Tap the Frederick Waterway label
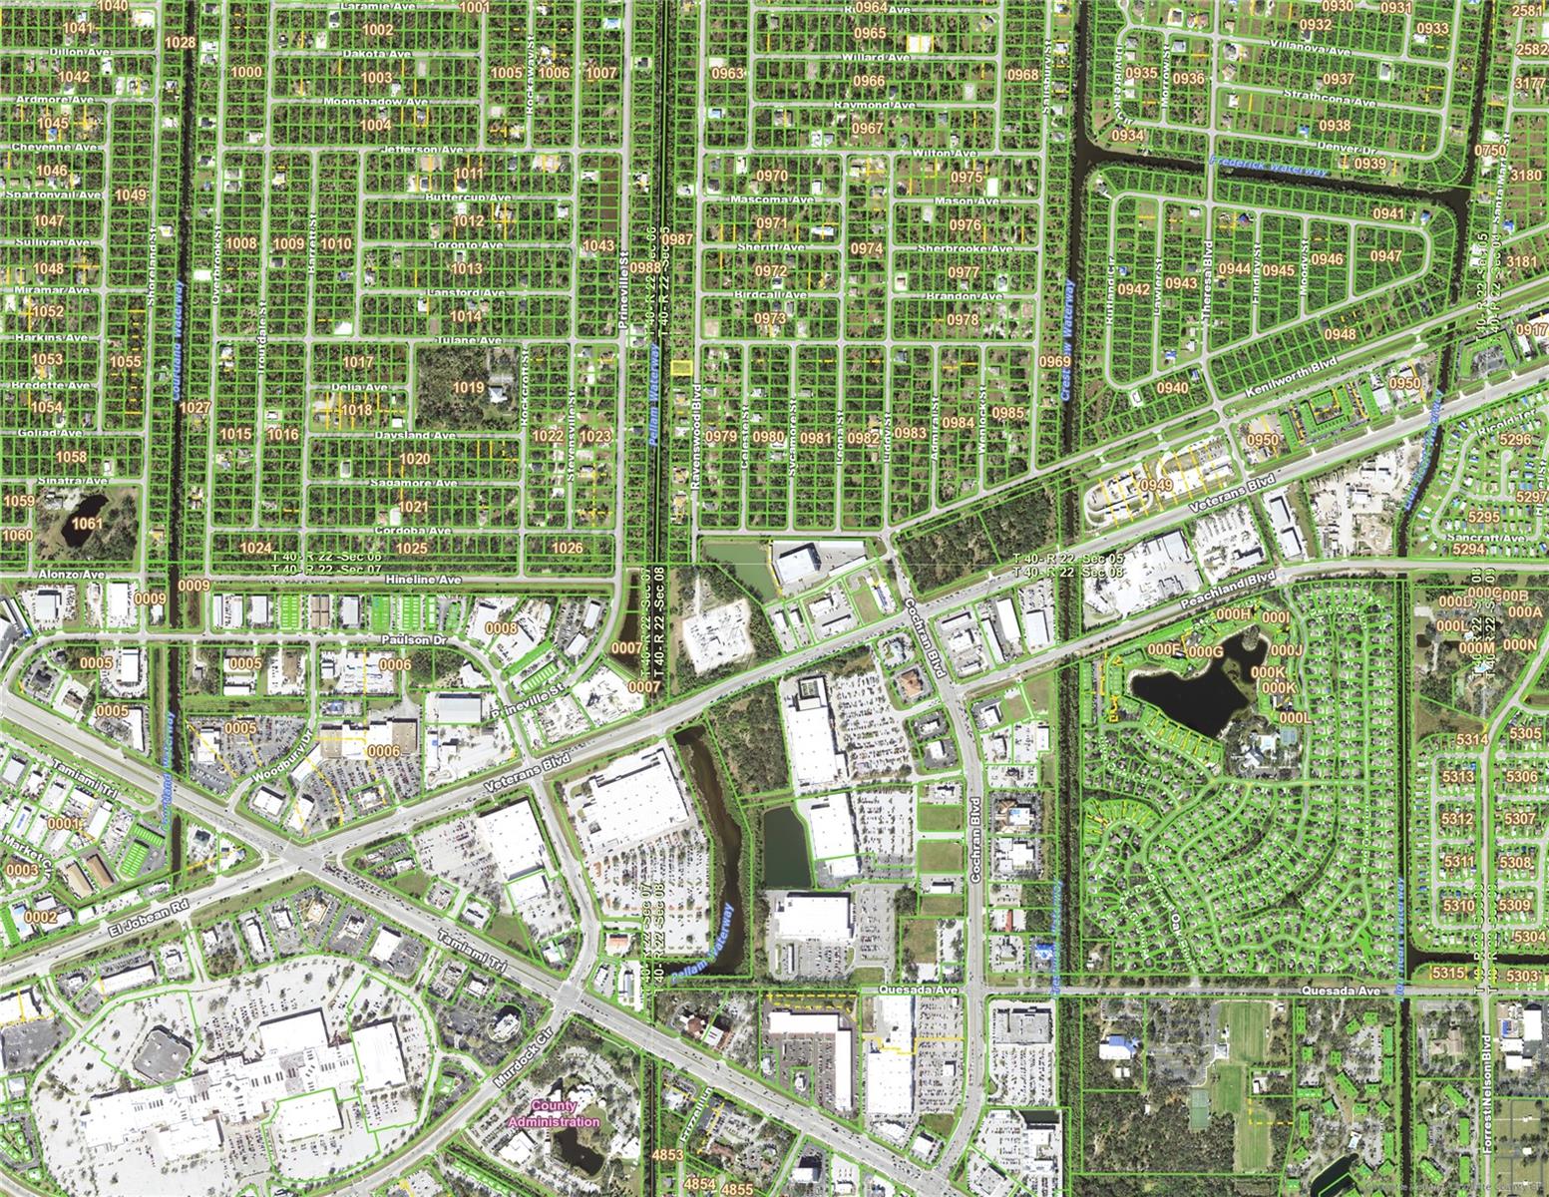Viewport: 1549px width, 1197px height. (1268, 166)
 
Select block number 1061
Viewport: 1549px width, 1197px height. (88, 524)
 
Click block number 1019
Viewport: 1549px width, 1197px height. (468, 387)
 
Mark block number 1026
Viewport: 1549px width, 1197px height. (567, 548)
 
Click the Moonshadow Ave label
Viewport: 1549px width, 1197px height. (376, 102)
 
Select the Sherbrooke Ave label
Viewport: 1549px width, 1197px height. (947, 248)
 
